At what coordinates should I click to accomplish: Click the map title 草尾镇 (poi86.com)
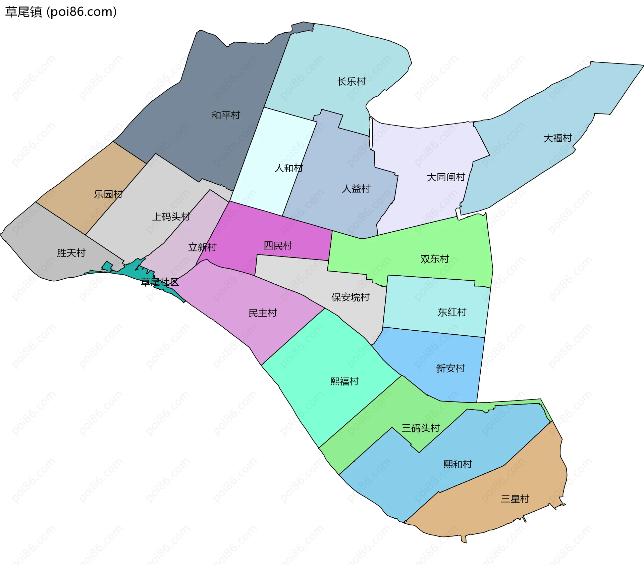coord(61,12)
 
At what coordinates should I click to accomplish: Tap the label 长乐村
coord(351,82)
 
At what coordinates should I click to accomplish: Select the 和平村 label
coord(226,115)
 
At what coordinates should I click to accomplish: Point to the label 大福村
coord(557,138)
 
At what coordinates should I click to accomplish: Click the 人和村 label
coord(288,168)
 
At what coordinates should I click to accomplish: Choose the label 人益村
coord(356,189)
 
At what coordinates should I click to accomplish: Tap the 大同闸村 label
coord(446,177)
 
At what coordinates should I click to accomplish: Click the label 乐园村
coord(108,194)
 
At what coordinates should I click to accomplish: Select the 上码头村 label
coord(171,217)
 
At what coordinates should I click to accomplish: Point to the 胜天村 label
coord(71,253)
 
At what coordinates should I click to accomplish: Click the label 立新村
coord(202,247)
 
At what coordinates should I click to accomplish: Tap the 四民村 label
coord(278,246)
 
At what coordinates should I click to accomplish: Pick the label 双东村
coord(435,259)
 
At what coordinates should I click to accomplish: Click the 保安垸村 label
coord(350,297)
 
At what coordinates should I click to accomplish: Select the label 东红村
coord(452,312)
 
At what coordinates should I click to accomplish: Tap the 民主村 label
coord(263,313)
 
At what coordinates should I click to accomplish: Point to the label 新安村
coord(450,369)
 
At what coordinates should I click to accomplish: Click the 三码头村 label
coord(421,428)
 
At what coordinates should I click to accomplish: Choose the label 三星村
coord(515,499)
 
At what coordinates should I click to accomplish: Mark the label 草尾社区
coord(160,282)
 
